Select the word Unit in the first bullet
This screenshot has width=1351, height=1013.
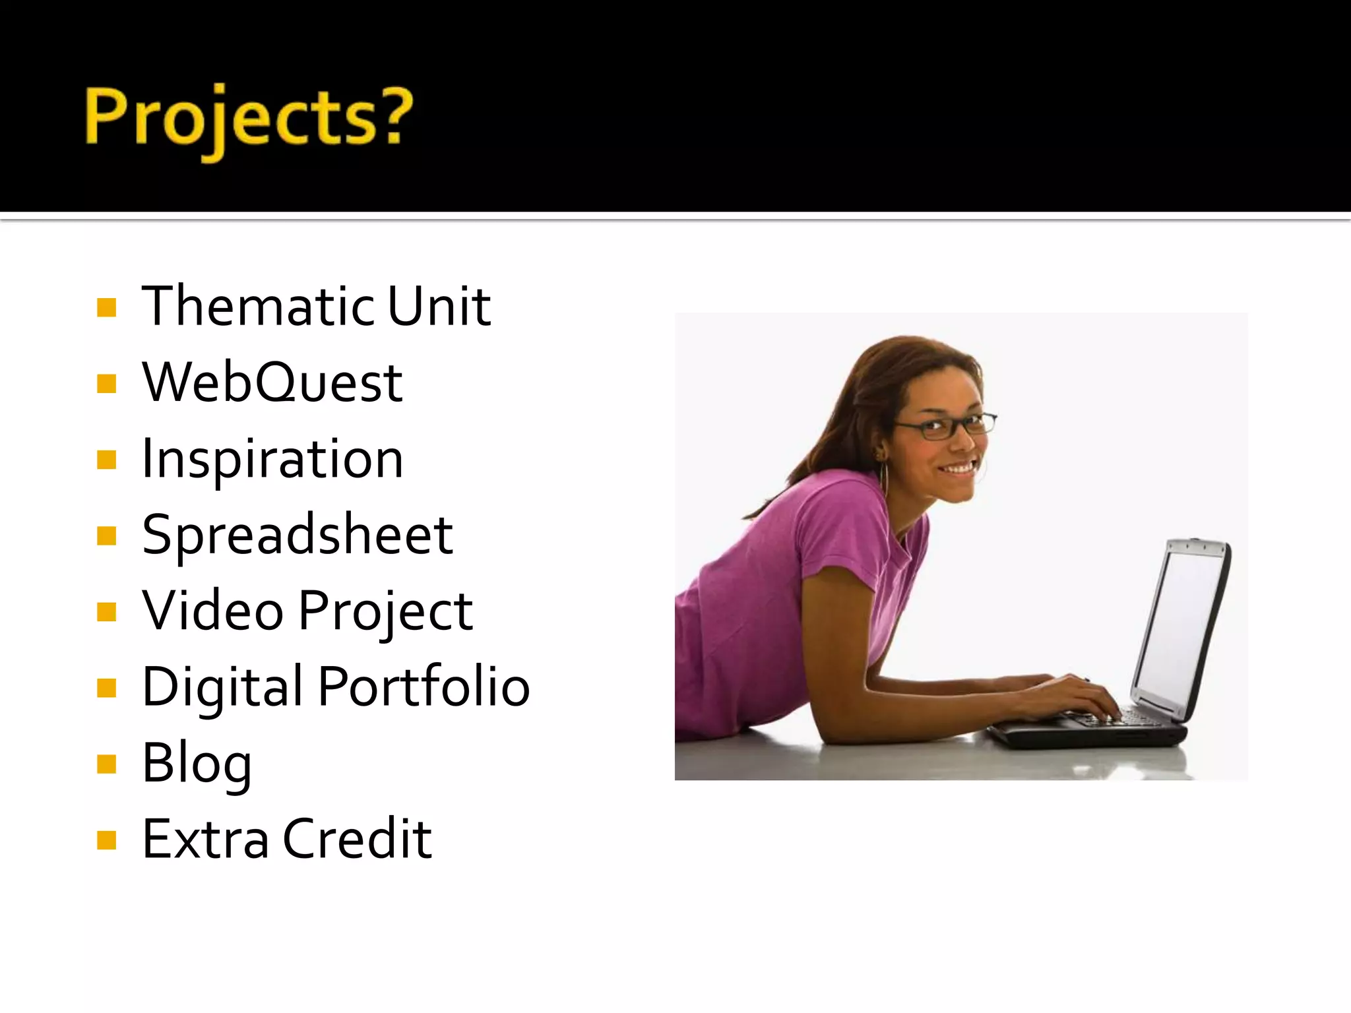(439, 306)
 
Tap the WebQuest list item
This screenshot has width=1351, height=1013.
(272, 383)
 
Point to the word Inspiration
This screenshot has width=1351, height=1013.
(272, 459)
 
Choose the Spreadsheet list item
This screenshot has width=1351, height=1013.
(297, 534)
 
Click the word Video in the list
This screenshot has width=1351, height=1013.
(212, 611)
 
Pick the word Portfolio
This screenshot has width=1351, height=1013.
(424, 687)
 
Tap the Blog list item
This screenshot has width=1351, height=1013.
(197, 764)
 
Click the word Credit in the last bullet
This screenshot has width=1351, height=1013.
(357, 839)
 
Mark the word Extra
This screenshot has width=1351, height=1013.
(205, 839)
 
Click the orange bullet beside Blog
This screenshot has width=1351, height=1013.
(106, 764)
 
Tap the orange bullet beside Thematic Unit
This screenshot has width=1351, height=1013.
(106, 307)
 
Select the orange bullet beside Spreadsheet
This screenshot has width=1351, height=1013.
(106, 536)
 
